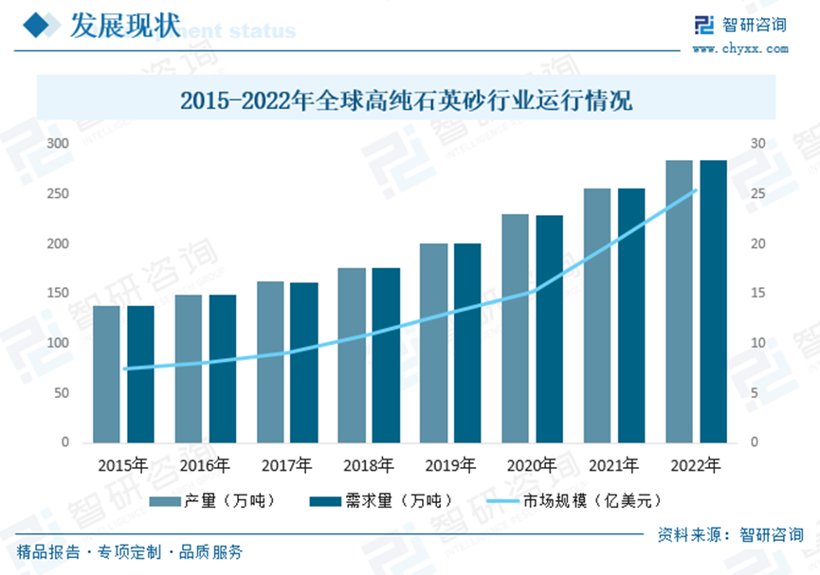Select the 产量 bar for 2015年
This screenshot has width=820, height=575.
click(x=106, y=374)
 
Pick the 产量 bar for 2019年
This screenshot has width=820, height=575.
click(x=434, y=343)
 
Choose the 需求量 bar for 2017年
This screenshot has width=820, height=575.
click(x=304, y=363)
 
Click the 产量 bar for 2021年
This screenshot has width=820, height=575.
click(x=597, y=315)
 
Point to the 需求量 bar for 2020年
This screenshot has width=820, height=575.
click(x=550, y=329)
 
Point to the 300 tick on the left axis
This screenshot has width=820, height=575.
click(x=59, y=144)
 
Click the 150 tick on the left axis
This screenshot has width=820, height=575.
click(x=59, y=294)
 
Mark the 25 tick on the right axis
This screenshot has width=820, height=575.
click(x=757, y=194)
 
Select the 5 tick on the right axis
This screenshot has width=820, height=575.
click(x=754, y=393)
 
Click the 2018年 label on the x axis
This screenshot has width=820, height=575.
click(x=369, y=465)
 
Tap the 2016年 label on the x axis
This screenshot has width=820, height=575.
click(x=205, y=465)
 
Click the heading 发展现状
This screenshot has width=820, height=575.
click(x=124, y=26)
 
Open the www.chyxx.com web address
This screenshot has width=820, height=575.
click(x=738, y=47)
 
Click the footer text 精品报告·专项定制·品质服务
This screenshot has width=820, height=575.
click(x=130, y=552)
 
